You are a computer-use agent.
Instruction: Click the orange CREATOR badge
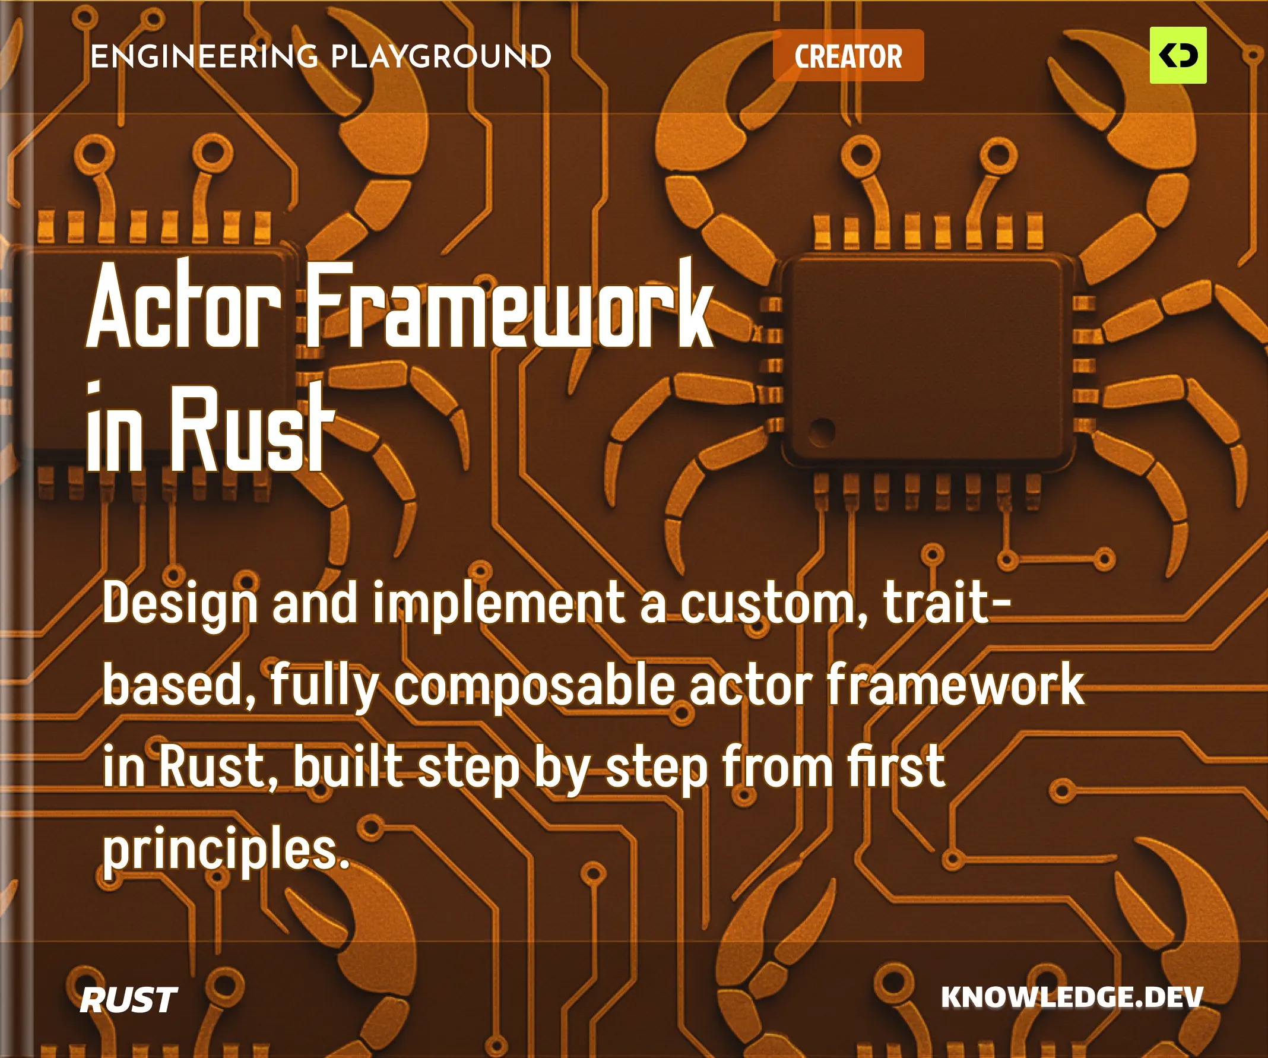pyautogui.click(x=848, y=56)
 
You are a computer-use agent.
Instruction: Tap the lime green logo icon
pyautogui.click(x=1177, y=55)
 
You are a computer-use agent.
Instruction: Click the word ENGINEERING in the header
pyautogui.click(x=204, y=57)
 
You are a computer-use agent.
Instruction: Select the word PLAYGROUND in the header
pyautogui.click(x=441, y=57)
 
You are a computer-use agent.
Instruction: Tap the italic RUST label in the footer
pyautogui.click(x=128, y=1000)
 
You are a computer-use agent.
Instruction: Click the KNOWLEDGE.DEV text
pyautogui.click(x=1072, y=997)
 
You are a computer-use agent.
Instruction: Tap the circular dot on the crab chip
pyautogui.click(x=821, y=430)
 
